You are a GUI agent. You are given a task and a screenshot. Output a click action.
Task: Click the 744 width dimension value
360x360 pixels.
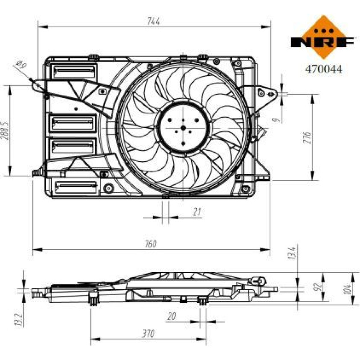pos(153,21)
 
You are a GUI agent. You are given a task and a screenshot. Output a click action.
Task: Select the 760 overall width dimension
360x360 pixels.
pos(150,244)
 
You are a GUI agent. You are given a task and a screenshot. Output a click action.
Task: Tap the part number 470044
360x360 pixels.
pos(324,69)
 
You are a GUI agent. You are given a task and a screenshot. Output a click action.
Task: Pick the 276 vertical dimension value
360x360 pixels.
pos(308,138)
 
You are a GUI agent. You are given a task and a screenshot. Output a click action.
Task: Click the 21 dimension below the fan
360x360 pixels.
pos(197,212)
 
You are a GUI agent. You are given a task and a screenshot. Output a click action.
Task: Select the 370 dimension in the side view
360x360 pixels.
pos(148,334)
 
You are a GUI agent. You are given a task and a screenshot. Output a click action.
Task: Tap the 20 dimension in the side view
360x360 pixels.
pos(171,316)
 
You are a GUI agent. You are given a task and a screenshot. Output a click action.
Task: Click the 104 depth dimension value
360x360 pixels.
pos(347,289)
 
